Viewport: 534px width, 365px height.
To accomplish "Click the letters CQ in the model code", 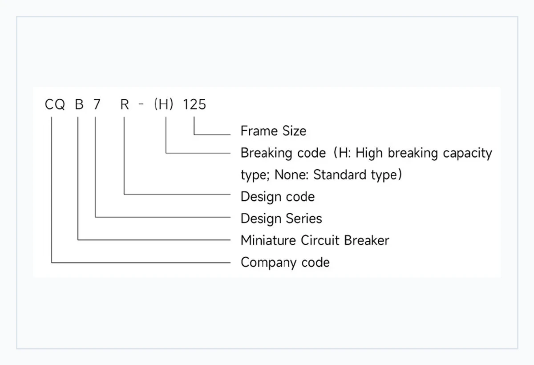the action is pos(55,105).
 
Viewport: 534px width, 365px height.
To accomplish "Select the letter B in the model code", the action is pos(79,104).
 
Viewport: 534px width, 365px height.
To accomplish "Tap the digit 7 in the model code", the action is pos(97,104).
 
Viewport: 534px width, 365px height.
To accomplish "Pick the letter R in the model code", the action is pos(125,104).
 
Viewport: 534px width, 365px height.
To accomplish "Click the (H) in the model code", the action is pos(164,104).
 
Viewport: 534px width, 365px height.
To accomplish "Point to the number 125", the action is pos(194,104).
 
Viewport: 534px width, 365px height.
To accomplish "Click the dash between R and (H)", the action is pos(141,104).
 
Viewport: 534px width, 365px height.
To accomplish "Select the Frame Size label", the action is pos(273,131).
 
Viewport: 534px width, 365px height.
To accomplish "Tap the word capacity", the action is pos(467,153).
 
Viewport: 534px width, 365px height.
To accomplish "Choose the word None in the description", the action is pos(291,175).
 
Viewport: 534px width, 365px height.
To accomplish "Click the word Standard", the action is pos(340,175).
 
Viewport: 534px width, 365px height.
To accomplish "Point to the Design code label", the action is pos(278,197).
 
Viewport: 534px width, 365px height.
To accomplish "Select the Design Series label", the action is pos(281,219).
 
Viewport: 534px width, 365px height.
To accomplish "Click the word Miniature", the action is pos(268,240).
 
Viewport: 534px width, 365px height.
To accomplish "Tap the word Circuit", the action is pos(320,240).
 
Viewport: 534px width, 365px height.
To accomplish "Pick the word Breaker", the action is pos(367,240).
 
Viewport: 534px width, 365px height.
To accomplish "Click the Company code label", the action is pos(285,263).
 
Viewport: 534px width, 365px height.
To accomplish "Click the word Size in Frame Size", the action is pos(295,131).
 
